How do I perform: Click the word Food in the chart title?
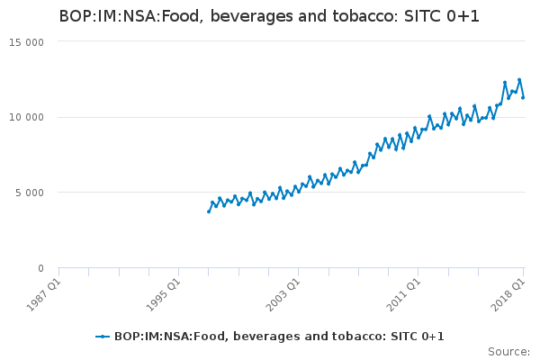[x=179, y=16]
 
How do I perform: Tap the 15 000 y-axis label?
[x=26, y=42]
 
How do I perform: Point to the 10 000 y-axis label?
[x=26, y=118]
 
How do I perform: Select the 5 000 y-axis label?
[x=30, y=193]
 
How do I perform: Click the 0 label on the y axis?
[x=41, y=268]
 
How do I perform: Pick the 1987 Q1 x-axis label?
[x=43, y=295]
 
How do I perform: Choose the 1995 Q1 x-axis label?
[x=163, y=295]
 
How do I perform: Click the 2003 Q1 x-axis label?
[x=283, y=295]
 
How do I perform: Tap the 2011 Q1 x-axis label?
[x=403, y=295]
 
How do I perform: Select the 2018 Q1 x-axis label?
[x=508, y=295]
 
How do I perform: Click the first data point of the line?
[x=209, y=211]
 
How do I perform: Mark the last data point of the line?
[x=523, y=97]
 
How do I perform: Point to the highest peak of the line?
[x=519, y=80]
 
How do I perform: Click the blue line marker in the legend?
[x=103, y=337]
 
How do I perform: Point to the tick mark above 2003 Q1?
[x=299, y=272]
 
